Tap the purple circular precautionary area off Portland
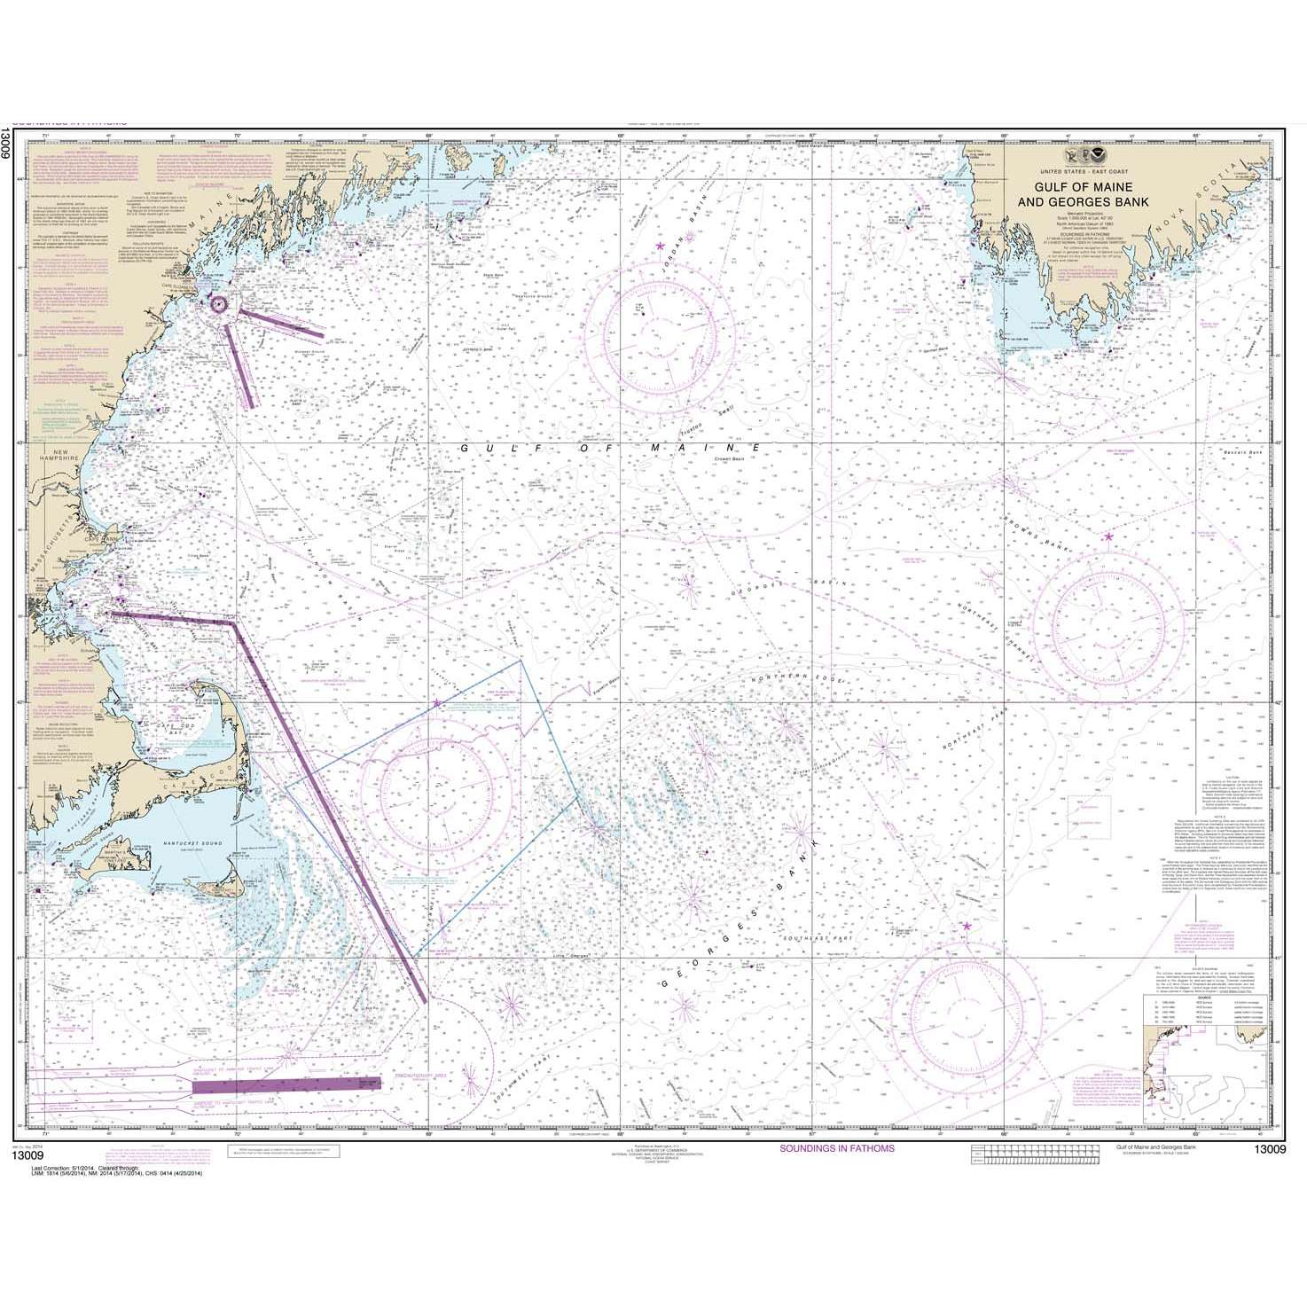(x=219, y=303)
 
